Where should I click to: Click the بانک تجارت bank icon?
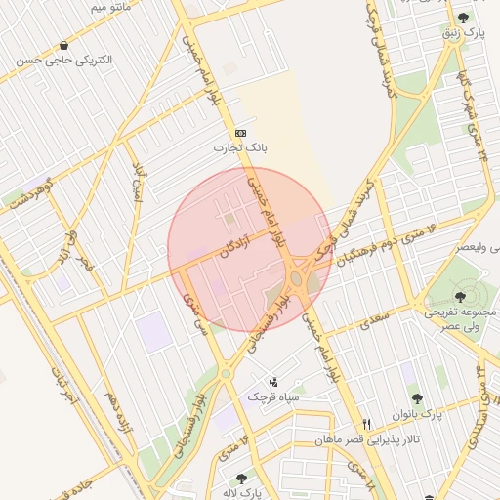(x=240, y=133)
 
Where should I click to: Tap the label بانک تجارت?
(x=240, y=148)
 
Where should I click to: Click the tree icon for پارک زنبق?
(x=463, y=18)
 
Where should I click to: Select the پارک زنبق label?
(x=463, y=33)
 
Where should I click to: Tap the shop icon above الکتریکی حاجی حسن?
(x=63, y=45)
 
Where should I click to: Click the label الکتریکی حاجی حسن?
(x=64, y=61)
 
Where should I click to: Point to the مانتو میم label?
(x=110, y=6)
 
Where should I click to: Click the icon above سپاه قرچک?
(x=273, y=382)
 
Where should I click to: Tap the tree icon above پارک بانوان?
(x=418, y=398)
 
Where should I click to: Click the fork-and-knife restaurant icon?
(x=366, y=424)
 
